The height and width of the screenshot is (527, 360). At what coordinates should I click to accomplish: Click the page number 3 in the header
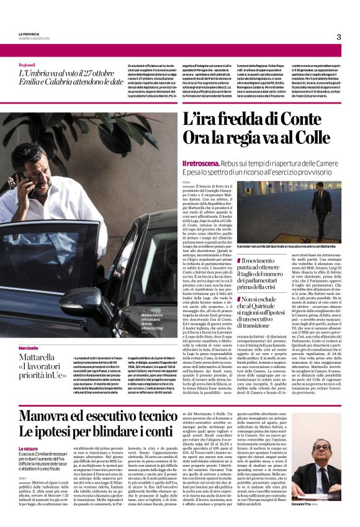[x=338, y=37]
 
